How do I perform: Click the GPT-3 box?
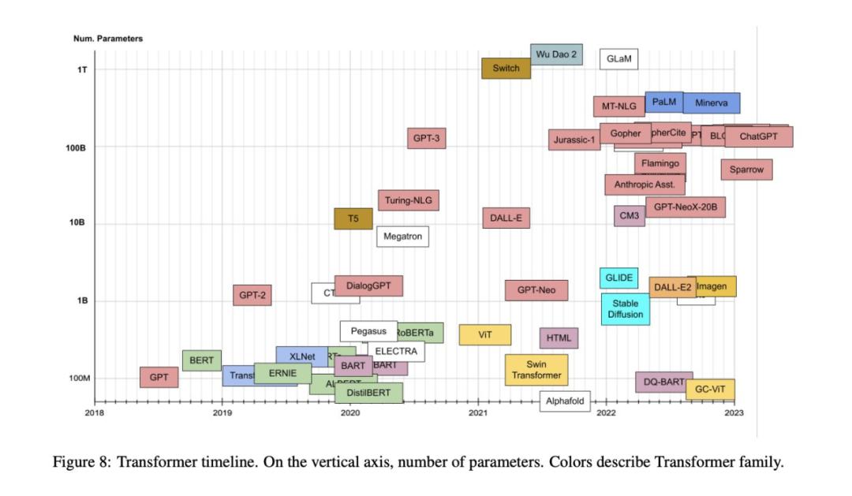pyautogui.click(x=427, y=138)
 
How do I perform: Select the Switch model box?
pyautogui.click(x=506, y=68)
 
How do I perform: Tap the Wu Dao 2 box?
pyautogui.click(x=556, y=54)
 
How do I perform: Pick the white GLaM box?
pyautogui.click(x=619, y=59)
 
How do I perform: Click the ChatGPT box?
pyautogui.click(x=758, y=136)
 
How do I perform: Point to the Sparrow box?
pyautogui.click(x=746, y=170)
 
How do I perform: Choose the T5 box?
pyautogui.click(x=353, y=219)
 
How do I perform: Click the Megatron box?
pyautogui.click(x=402, y=236)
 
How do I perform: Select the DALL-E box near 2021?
pyautogui.click(x=506, y=218)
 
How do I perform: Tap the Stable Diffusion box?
pyautogui.click(x=626, y=308)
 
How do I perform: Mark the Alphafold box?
pyautogui.click(x=565, y=401)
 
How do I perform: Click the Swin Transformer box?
pyautogui.click(x=536, y=370)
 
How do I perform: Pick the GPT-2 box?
pyautogui.click(x=252, y=296)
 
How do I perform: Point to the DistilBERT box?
pyautogui.click(x=368, y=392)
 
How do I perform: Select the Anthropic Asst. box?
pyautogui.click(x=645, y=185)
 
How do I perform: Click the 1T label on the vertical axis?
pyautogui.click(x=81, y=69)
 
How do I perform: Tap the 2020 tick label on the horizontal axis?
pyautogui.click(x=349, y=412)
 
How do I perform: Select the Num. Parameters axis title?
pyautogui.click(x=108, y=38)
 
